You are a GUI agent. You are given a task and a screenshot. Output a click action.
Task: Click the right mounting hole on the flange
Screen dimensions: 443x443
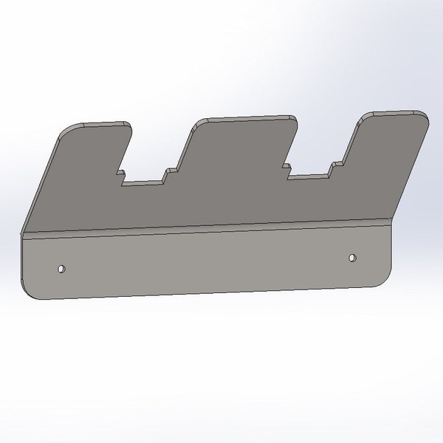(x=352, y=258)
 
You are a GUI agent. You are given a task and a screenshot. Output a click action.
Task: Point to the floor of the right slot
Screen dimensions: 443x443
(x=310, y=176)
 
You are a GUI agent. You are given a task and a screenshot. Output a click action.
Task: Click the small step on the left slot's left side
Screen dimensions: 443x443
(x=120, y=175)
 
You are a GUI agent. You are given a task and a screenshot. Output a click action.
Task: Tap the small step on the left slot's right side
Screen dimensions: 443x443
(x=169, y=174)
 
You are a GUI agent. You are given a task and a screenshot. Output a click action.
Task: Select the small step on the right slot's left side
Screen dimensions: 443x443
(x=287, y=170)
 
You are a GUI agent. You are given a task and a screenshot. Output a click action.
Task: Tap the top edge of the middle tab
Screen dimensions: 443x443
(x=244, y=118)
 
